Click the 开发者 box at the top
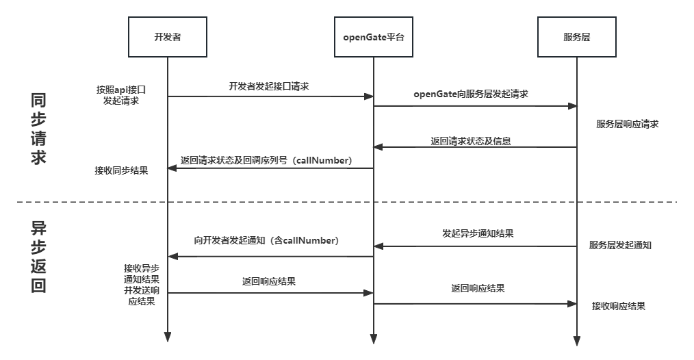[x=168, y=36]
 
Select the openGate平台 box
[x=373, y=36]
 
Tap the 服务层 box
[x=577, y=36]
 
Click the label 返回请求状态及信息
[x=471, y=142]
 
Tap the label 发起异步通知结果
[x=478, y=233]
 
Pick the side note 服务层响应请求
[x=628, y=125]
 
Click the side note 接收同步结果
[x=121, y=170]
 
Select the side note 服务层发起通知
[x=620, y=245]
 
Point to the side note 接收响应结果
[x=618, y=306]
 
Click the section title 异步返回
[x=39, y=257]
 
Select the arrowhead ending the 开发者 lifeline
[x=168, y=337]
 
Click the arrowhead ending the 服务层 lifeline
[x=577, y=340]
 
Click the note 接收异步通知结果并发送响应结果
[x=142, y=284]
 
